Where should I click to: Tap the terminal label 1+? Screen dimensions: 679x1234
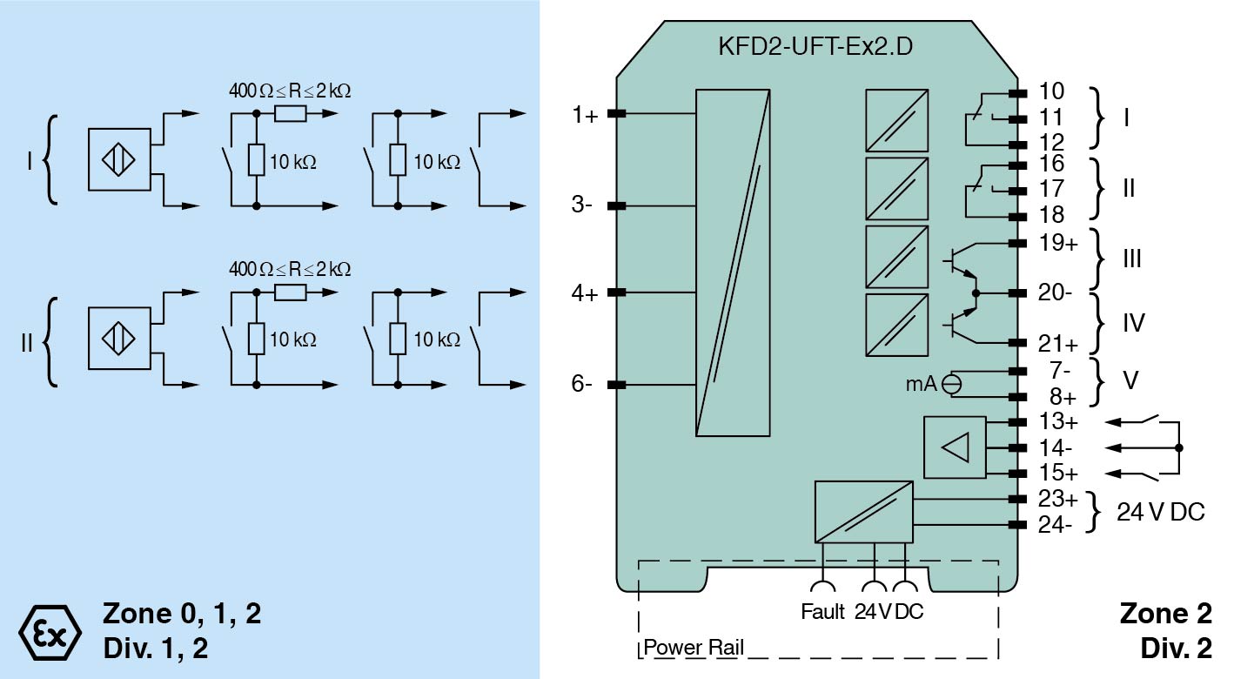(x=586, y=115)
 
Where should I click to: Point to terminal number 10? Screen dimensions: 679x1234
(x=1051, y=91)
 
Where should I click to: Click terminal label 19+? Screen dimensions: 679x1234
(x=1058, y=243)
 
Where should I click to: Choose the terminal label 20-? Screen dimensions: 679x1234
(x=1056, y=293)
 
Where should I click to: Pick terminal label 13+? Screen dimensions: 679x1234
(x=1058, y=422)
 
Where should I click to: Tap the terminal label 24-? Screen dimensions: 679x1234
(x=1056, y=525)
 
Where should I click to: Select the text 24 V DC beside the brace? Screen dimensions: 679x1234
(x=1160, y=512)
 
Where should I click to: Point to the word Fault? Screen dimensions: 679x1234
(x=822, y=611)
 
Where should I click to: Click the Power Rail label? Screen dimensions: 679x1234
(x=694, y=649)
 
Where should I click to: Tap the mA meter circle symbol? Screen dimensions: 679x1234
(x=953, y=382)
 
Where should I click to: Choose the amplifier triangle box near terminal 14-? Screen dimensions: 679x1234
(x=955, y=447)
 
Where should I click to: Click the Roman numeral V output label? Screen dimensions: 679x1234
(x=1130, y=381)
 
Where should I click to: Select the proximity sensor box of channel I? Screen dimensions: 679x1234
(x=119, y=159)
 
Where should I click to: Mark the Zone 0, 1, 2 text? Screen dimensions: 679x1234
(x=181, y=615)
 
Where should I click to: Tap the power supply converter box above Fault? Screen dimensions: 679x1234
(x=863, y=512)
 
